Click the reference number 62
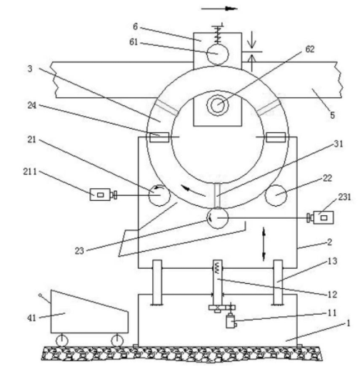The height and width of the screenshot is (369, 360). coord(310,49)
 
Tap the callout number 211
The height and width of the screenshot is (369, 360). coord(30,172)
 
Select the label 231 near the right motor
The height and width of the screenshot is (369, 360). coord(344,197)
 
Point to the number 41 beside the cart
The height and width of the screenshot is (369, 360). coord(31,318)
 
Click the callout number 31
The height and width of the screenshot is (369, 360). coord(339,144)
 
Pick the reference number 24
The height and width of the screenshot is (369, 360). coord(32,105)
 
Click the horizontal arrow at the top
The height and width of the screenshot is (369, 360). coord(219,9)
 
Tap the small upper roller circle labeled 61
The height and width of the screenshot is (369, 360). coord(217,54)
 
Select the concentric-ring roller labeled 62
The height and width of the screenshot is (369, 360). coord(217,104)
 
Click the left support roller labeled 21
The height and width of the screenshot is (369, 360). coord(159,195)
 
